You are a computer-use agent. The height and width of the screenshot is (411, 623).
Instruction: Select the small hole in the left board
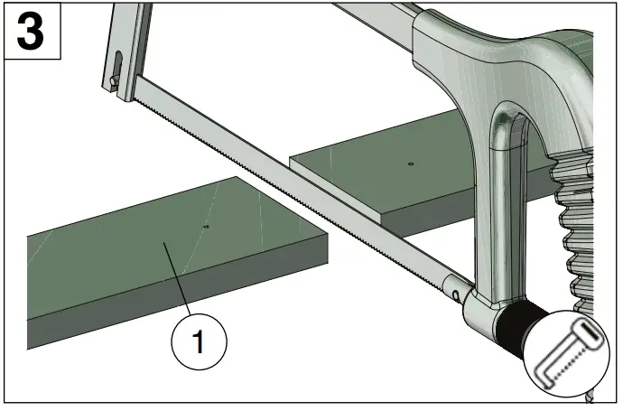(x=207, y=226)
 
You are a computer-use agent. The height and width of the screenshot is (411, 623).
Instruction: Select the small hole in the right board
(x=410, y=164)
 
